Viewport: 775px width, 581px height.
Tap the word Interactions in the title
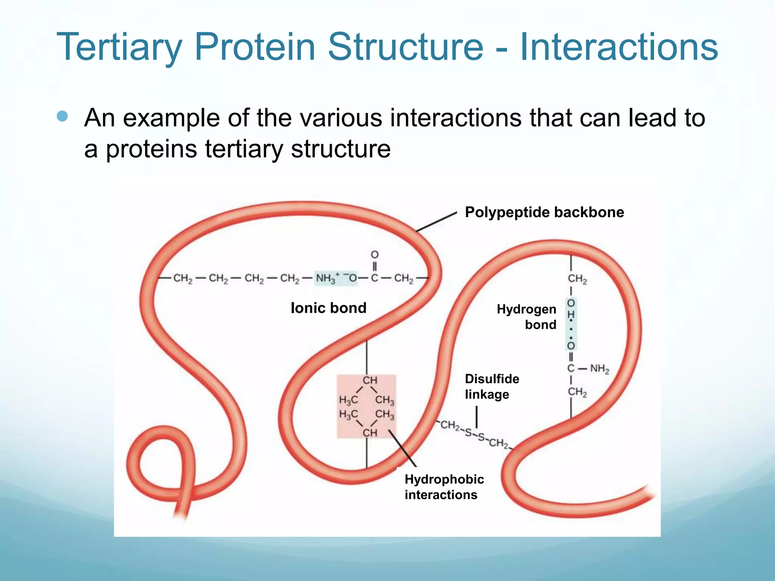click(619, 47)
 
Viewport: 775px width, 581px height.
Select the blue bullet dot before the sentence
click(62, 116)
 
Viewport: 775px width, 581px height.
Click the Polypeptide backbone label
click(544, 212)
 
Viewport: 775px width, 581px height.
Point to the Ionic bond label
click(328, 308)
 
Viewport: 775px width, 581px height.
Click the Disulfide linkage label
click(492, 386)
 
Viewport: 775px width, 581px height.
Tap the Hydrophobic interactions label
click(444, 487)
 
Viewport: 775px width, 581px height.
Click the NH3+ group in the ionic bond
click(326, 279)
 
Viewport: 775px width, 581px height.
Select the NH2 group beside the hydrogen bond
click(600, 368)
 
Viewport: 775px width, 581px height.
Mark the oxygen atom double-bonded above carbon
click(374, 255)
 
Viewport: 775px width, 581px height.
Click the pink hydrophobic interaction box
click(366, 407)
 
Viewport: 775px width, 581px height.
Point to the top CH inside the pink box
click(370, 380)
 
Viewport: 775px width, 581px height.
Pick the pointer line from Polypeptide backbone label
click(436, 222)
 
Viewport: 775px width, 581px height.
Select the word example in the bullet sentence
click(171, 118)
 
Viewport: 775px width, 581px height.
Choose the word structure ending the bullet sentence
click(341, 149)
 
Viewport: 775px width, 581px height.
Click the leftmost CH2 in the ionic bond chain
click(183, 279)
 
